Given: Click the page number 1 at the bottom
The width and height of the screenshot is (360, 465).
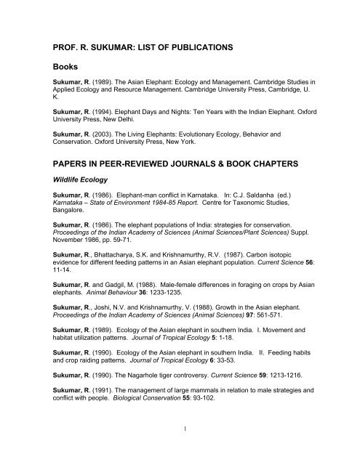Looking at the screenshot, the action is [180, 448].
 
